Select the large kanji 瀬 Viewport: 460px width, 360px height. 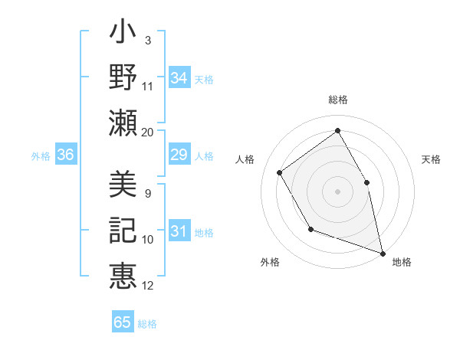click(123, 123)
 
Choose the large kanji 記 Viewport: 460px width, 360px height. click(123, 231)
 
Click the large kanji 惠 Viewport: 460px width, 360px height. click(123, 276)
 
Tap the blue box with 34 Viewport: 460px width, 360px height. click(179, 78)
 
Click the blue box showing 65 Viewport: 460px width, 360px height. click(123, 322)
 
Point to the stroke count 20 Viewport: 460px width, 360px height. click(148, 132)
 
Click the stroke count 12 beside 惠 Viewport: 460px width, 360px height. click(148, 286)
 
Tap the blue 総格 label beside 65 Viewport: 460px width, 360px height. click(147, 323)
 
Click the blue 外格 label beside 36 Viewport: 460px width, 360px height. click(41, 156)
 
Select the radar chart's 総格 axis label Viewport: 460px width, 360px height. click(337, 100)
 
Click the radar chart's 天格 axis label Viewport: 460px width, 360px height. click(432, 159)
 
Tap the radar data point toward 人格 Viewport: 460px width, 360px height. click(280, 172)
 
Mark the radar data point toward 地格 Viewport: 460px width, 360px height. click(383, 252)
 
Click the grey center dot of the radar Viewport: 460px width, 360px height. click(337, 191)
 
